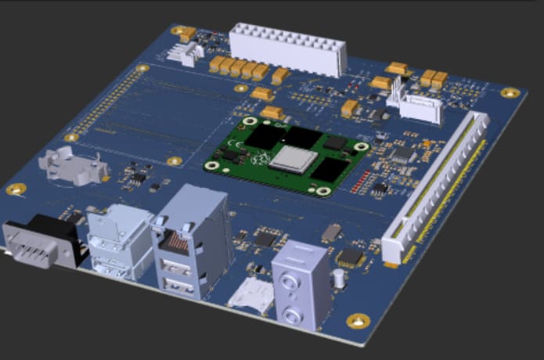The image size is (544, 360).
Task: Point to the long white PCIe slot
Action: click(438, 188)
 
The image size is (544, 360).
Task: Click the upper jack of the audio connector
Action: click(291, 279)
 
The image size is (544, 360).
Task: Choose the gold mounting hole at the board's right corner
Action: click(510, 92)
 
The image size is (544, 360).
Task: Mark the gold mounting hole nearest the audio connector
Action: click(358, 320)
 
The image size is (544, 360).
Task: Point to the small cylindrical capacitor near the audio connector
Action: click(337, 279)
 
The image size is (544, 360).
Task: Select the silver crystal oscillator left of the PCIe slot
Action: click(332, 231)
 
